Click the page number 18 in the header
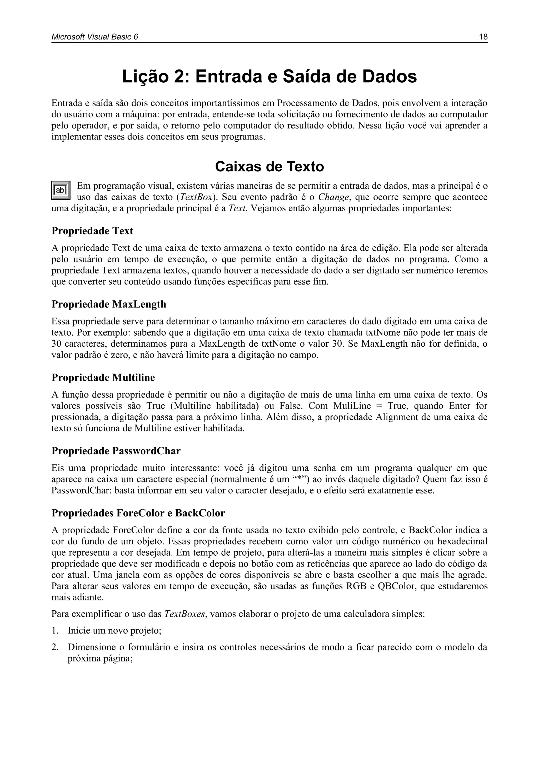coord(483,37)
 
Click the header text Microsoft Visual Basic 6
coord(94,37)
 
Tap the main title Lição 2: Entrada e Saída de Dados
coord(269,77)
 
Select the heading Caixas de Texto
coord(269,167)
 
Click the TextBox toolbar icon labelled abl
coord(61,191)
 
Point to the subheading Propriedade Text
coord(92,231)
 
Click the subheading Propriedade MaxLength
coord(109,304)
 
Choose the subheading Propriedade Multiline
coord(103,378)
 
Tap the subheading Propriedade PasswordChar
coord(116,451)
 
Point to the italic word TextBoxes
coord(185,614)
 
